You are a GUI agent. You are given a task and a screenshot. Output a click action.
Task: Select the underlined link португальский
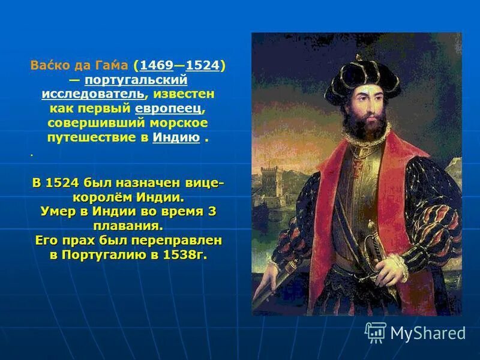(x=136, y=80)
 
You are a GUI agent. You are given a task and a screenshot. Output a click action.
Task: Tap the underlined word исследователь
(x=93, y=94)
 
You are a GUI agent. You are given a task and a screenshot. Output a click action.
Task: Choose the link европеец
(x=169, y=109)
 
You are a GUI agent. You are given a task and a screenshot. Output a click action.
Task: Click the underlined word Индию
(x=176, y=137)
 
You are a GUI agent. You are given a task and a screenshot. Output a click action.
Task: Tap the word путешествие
(x=91, y=137)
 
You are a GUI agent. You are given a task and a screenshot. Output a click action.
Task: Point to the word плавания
(x=127, y=226)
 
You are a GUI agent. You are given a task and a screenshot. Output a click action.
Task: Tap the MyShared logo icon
(x=376, y=331)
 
